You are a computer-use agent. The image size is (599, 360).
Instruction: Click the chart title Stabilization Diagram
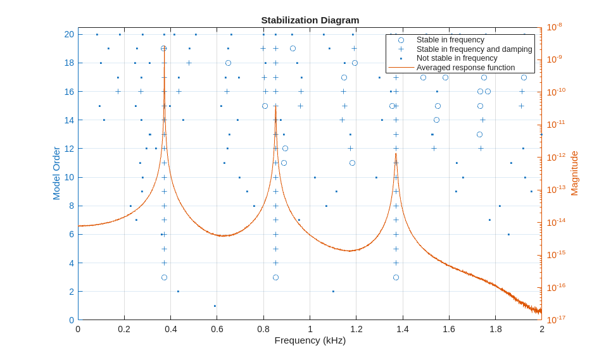pyautogui.click(x=310, y=20)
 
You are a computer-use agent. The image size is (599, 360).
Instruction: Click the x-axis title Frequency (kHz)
pyautogui.click(x=310, y=340)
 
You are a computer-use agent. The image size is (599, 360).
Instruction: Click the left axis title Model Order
pyautogui.click(x=56, y=173)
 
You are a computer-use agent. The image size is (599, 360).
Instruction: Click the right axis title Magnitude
pyautogui.click(x=574, y=173)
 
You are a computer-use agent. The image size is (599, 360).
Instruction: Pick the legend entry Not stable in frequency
pyautogui.click(x=457, y=58)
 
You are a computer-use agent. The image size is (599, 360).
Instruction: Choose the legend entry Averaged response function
pyautogui.click(x=465, y=68)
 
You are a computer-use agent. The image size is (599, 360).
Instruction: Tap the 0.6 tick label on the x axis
pyautogui.click(x=217, y=329)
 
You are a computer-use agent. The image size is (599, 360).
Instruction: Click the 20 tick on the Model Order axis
pyautogui.click(x=69, y=34)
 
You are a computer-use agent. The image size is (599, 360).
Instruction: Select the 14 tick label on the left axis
pyautogui.click(x=69, y=120)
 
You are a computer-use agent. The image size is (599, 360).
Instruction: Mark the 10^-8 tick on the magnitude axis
pyautogui.click(x=554, y=27)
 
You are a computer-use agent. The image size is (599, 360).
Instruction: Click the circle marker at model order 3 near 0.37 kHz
pyautogui.click(x=164, y=277)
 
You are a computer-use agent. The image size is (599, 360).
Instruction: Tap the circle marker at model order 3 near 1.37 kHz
pyautogui.click(x=396, y=277)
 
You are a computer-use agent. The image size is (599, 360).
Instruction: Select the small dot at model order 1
pyautogui.click(x=215, y=306)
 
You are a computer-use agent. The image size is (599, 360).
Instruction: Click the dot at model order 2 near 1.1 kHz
pyautogui.click(x=333, y=292)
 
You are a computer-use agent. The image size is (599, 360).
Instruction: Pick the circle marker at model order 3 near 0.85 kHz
pyautogui.click(x=275, y=277)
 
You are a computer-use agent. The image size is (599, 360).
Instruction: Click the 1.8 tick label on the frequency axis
pyautogui.click(x=496, y=329)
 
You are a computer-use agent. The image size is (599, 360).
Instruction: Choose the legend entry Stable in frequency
pyautogui.click(x=450, y=40)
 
